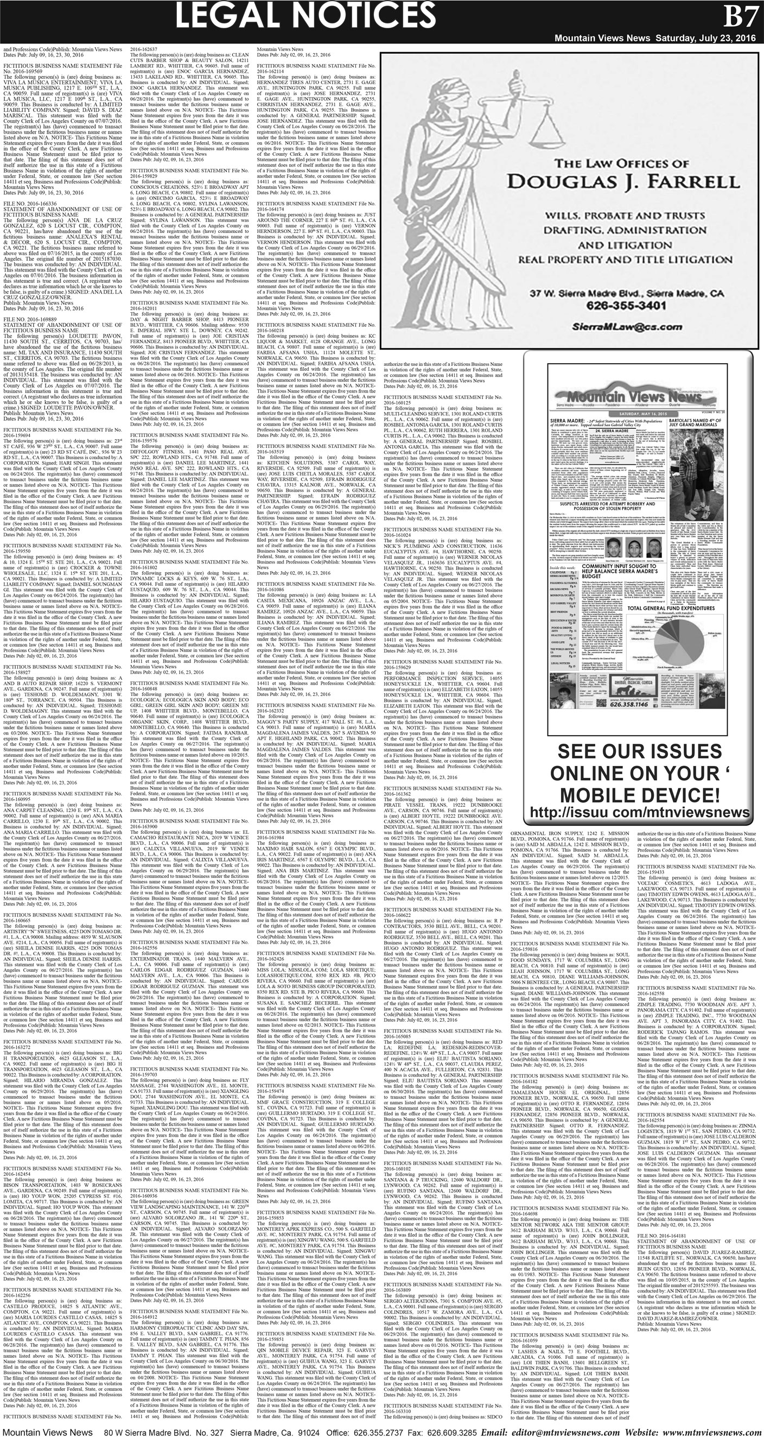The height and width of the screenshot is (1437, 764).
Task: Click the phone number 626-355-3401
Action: click(626, 306)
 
